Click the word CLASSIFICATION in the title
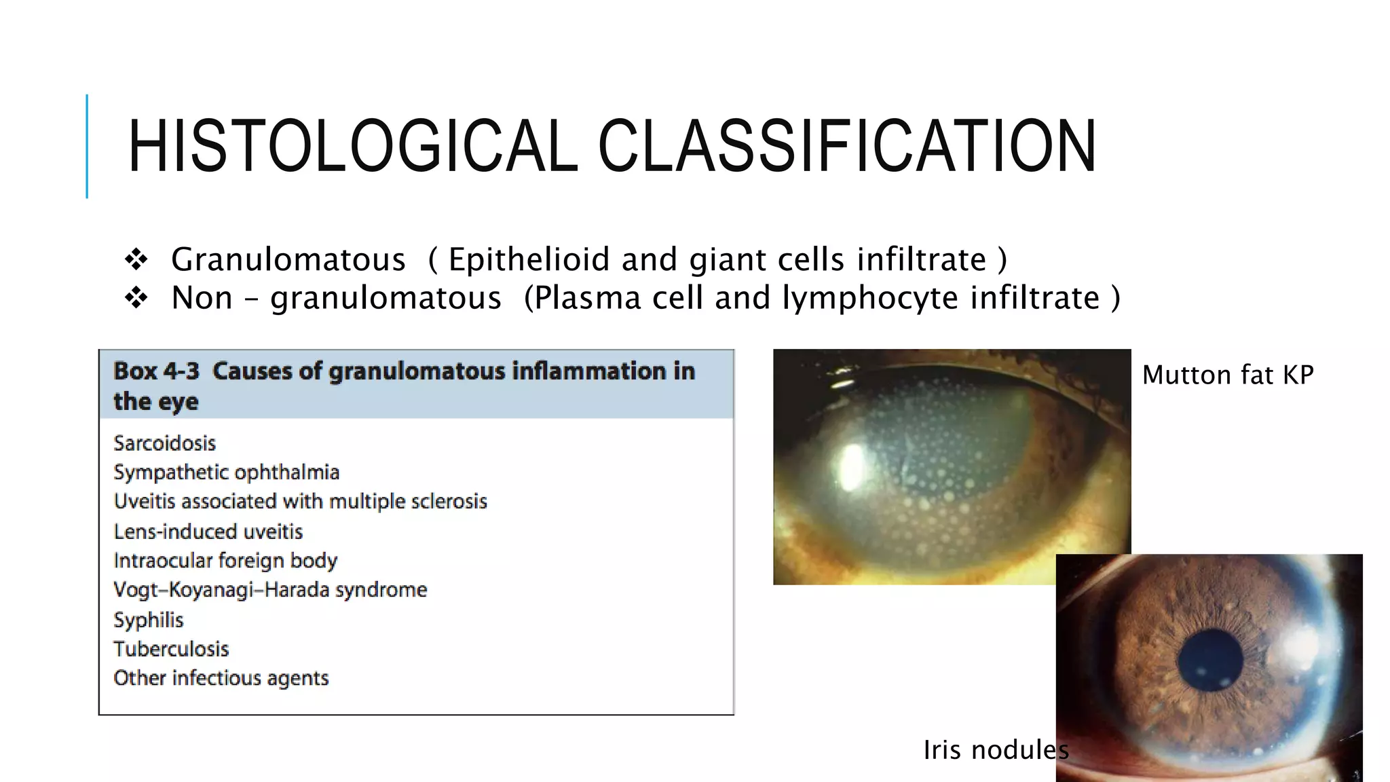click(846, 146)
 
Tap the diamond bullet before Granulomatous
click(136, 259)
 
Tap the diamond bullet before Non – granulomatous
click(136, 298)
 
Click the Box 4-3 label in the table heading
click(156, 371)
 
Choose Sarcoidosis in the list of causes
click(165, 443)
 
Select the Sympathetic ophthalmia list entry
click(227, 472)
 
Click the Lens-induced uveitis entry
click(208, 532)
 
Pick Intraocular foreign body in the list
click(225, 561)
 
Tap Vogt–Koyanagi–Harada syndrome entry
click(270, 590)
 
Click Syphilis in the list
click(149, 620)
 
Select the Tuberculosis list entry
click(171, 649)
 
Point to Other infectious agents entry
click(221, 678)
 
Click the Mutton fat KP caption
click(1228, 375)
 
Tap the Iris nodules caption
click(996, 750)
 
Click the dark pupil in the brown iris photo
click(1210, 660)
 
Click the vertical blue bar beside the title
click(87, 146)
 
